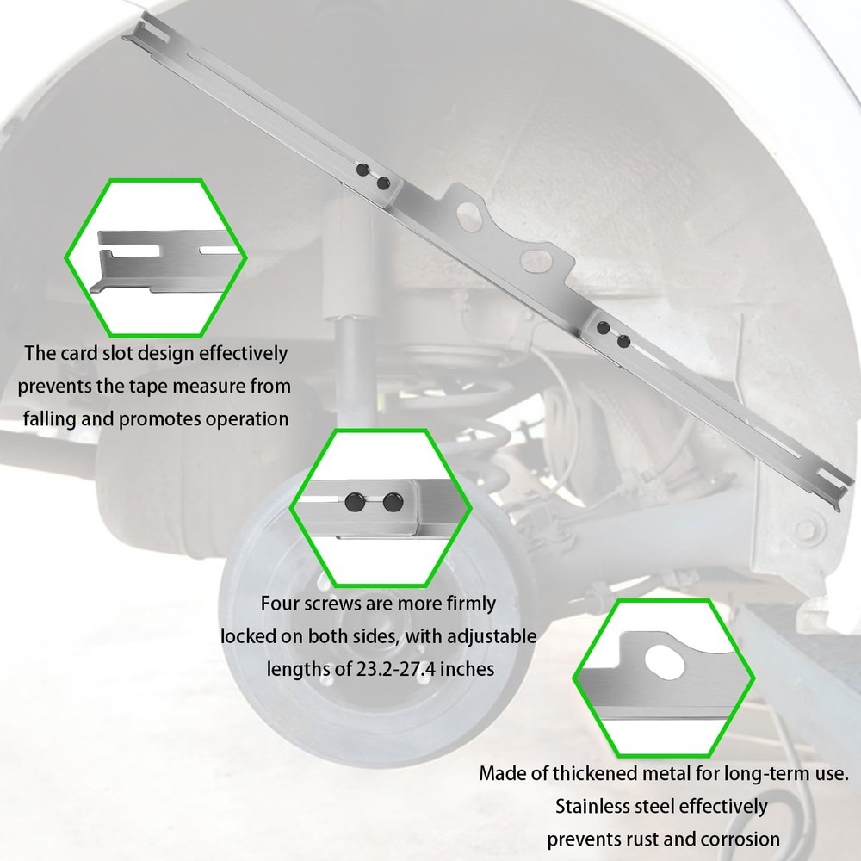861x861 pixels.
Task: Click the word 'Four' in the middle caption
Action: pyautogui.click(x=280, y=604)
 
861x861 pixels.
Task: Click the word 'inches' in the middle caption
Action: pyautogui.click(x=468, y=669)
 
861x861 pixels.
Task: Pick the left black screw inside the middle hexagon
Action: pyautogui.click(x=354, y=501)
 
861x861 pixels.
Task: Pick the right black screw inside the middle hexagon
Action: pyautogui.click(x=393, y=502)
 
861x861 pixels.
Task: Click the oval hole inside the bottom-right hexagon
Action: pyautogui.click(x=665, y=661)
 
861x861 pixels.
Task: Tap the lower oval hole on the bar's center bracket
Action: pyautogui.click(x=537, y=260)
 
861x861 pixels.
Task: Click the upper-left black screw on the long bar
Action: pyautogui.click(x=362, y=169)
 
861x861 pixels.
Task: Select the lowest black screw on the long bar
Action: pyautogui.click(x=623, y=342)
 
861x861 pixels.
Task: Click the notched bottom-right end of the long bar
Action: pyautogui.click(x=834, y=485)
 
